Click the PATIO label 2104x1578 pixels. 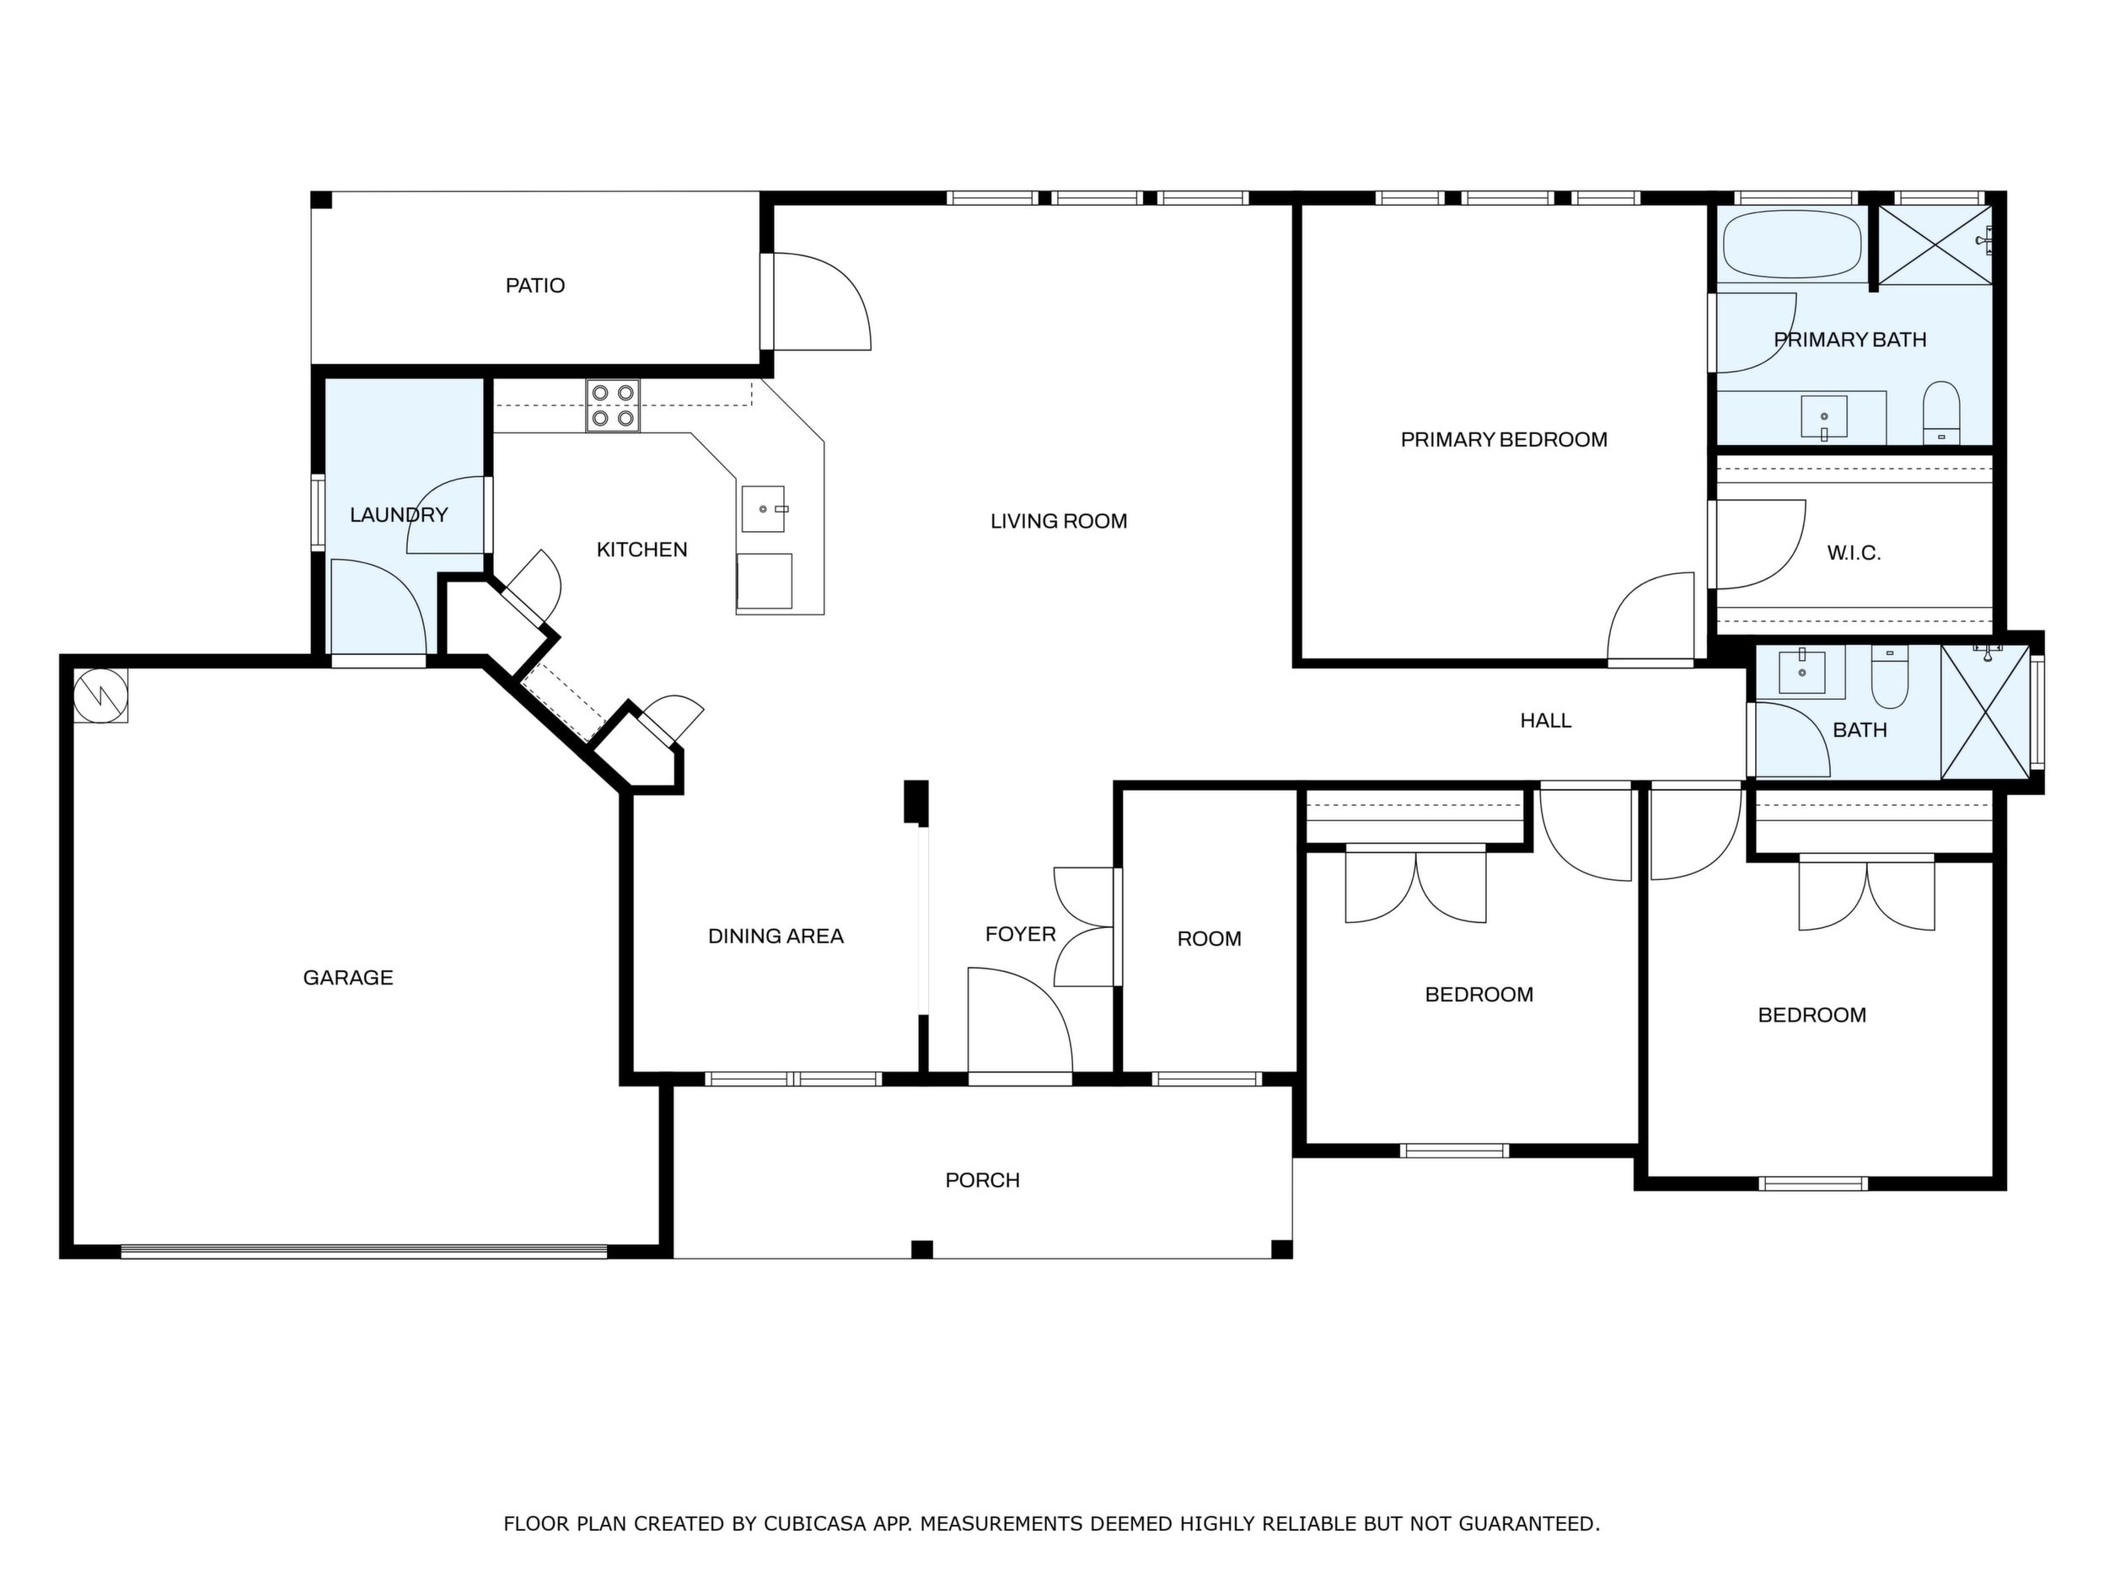pos(534,286)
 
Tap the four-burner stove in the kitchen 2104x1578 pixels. pos(613,406)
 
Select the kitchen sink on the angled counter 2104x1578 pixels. pos(764,509)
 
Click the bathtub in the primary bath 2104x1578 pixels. pos(1792,244)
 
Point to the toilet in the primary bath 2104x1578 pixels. pos(1941,413)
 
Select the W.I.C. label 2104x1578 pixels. pos(1854,553)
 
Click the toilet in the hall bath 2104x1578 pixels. pos(1889,677)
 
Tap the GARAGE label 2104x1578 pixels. pos(348,978)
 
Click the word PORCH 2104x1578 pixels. pos(983,1180)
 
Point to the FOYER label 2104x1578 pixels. pos(1021,934)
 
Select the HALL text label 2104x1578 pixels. pos(1546,721)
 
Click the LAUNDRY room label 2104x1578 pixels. pos(399,514)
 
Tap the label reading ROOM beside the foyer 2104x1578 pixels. pos(1209,939)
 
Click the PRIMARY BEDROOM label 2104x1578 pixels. pos(1504,439)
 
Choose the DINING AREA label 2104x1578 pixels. pos(776,936)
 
